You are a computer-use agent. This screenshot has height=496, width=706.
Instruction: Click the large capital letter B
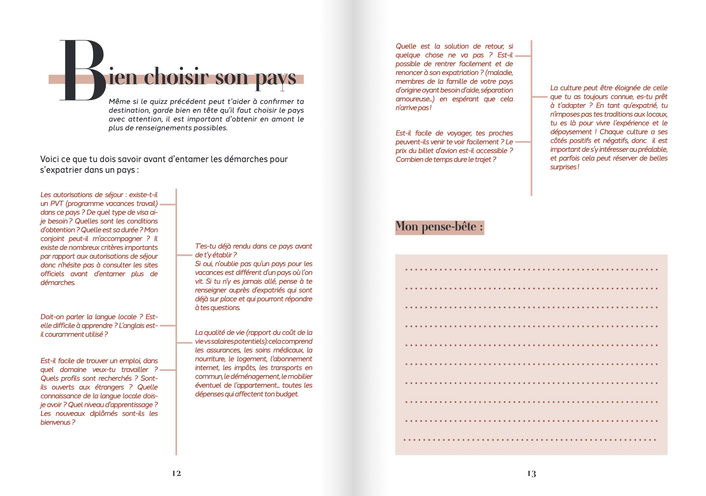pyautogui.click(x=83, y=71)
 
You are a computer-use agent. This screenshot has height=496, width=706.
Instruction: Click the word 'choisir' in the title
pyautogui.click(x=176, y=77)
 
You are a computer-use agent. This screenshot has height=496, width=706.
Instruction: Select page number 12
pyautogui.click(x=176, y=473)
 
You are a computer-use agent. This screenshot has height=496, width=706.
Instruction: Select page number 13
pyautogui.click(x=532, y=473)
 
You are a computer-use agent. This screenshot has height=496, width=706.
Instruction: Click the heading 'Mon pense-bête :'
pyautogui.click(x=439, y=227)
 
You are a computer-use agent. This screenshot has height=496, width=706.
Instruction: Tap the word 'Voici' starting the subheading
pyautogui.click(x=49, y=159)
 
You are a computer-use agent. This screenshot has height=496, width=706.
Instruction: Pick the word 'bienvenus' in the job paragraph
pyautogui.click(x=55, y=422)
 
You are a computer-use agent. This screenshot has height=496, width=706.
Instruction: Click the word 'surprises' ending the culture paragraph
pyautogui.click(x=563, y=167)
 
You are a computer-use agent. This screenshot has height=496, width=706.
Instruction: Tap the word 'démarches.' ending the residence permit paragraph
pyautogui.click(x=58, y=283)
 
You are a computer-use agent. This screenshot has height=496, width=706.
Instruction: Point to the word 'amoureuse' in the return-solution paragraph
pyautogui.click(x=412, y=99)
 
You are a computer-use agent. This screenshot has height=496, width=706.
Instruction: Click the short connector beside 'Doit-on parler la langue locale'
pyautogui.click(x=168, y=326)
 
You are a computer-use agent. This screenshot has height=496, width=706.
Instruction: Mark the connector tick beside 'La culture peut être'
pyautogui.click(x=540, y=97)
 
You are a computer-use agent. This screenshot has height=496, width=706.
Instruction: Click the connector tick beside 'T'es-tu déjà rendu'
pyautogui.click(x=184, y=255)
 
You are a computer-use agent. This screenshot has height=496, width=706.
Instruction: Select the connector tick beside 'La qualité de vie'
pyautogui.click(x=184, y=342)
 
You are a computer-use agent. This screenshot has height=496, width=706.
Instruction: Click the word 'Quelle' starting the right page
pyautogui.click(x=406, y=46)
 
